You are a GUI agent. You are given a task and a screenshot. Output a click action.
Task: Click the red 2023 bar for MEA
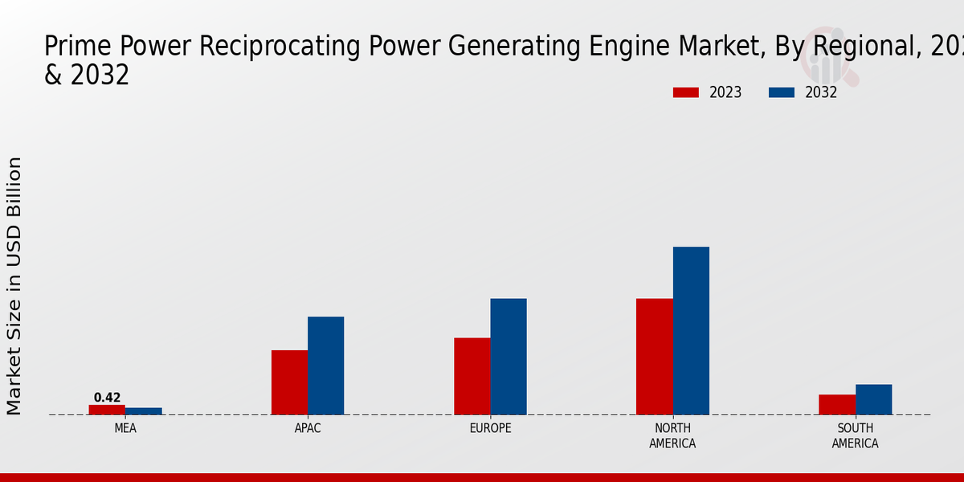107,410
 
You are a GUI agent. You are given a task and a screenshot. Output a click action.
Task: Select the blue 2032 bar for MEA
143,411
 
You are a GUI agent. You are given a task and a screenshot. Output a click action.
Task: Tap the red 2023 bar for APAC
289,382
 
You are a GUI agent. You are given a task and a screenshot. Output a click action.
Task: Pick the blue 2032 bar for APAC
325,366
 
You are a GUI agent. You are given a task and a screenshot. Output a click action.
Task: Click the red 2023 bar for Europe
472,376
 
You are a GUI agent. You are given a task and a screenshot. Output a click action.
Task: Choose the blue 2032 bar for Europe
509,357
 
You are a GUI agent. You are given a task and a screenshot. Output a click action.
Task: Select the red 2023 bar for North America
654,357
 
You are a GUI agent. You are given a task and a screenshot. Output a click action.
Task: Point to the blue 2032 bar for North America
691,331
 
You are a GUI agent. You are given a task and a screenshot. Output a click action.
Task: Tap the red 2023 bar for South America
836,405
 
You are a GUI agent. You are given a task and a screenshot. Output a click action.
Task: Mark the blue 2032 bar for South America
873,399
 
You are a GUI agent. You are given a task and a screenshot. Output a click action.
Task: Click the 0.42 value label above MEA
107,398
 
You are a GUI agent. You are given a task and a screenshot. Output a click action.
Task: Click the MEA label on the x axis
125,429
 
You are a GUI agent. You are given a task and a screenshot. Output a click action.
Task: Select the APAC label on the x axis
308,429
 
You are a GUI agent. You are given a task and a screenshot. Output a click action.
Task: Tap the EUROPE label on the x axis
490,429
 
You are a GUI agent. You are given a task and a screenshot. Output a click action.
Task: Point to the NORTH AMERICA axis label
672,436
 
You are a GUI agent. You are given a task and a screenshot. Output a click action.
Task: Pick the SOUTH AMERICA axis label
855,436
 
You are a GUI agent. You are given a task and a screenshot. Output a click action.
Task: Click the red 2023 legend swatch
686,92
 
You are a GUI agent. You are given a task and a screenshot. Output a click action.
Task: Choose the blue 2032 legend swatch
782,92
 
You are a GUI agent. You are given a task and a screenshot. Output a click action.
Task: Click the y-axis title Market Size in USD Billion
14,286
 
